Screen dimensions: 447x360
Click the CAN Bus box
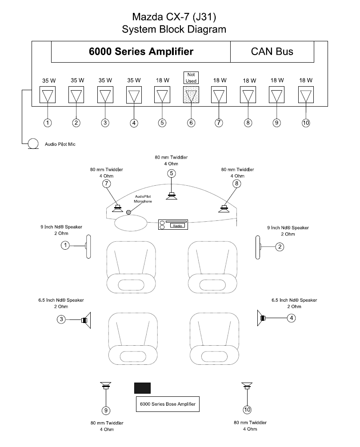coord(272,52)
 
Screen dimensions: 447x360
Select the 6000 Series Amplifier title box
coord(141,52)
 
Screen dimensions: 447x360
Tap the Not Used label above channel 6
coord(191,78)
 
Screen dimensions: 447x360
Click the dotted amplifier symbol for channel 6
coord(191,95)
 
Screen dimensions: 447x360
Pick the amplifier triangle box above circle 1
coord(48,95)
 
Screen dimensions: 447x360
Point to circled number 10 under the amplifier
coord(306,123)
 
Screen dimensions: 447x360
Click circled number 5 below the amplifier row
coord(162,123)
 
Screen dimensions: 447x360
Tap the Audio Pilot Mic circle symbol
coord(33,144)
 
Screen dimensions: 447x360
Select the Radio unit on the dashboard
coord(173,225)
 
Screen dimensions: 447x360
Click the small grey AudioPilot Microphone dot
coord(128,212)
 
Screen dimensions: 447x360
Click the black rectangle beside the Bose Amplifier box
coord(142,387)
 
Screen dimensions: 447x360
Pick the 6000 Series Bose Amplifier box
coord(167,404)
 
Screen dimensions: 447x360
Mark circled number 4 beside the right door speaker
coord(291,318)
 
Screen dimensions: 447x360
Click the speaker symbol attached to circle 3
coord(86,319)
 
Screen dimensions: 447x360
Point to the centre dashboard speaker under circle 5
coord(172,196)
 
